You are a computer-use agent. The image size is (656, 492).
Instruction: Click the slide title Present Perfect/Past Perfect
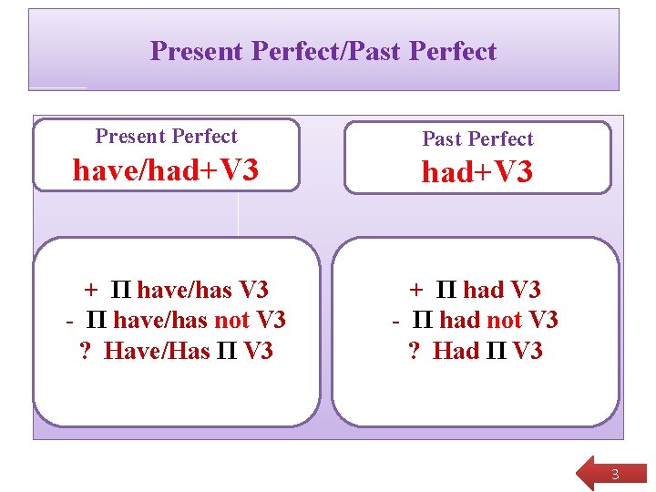(323, 51)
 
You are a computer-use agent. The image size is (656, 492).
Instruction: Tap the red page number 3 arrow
(613, 474)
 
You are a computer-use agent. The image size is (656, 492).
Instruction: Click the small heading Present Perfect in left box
(166, 137)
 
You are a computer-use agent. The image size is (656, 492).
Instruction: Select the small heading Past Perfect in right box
(477, 139)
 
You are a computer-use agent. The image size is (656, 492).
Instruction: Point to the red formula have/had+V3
(166, 169)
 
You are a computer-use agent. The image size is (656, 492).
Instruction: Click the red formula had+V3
(477, 172)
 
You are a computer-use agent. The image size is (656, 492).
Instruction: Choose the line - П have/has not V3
(176, 321)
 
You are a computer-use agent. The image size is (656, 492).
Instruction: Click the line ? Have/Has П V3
(176, 351)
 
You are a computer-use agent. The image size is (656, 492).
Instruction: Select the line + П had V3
(475, 291)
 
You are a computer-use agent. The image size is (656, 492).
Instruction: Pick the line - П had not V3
(475, 321)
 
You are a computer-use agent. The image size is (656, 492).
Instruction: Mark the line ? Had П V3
(475, 351)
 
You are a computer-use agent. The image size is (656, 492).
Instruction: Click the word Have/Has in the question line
(157, 351)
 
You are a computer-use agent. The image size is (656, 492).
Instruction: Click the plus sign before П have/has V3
(91, 291)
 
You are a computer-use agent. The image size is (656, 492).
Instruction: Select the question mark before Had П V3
(415, 351)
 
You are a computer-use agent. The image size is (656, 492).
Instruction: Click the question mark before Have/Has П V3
(87, 351)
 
